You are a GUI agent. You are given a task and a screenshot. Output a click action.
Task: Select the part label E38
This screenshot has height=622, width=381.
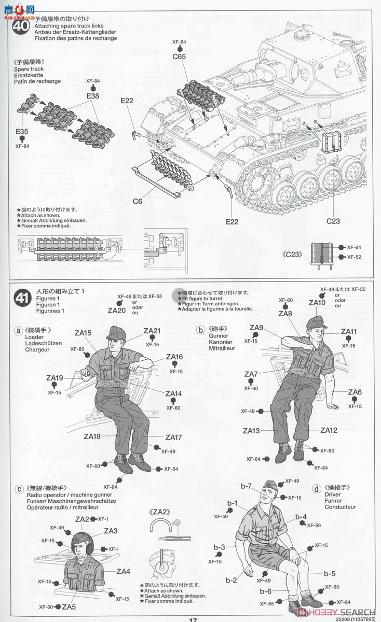point(93,95)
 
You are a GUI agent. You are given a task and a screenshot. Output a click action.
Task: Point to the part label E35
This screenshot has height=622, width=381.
point(22,132)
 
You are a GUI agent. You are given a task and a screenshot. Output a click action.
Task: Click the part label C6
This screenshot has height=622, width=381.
point(138,201)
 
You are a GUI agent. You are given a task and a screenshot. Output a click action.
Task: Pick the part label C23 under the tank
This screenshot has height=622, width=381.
point(333,221)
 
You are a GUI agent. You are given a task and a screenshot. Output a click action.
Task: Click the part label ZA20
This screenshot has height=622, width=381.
point(117,311)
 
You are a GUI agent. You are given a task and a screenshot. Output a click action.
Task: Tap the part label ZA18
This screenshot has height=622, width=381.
point(92,436)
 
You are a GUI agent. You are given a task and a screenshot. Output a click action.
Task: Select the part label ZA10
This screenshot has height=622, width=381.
point(317,303)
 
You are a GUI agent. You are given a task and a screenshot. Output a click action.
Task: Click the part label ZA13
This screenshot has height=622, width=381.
point(251,431)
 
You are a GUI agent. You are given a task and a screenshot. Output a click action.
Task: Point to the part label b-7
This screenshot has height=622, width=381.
point(246,486)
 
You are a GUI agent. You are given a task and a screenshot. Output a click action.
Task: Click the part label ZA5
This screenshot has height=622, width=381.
point(69,607)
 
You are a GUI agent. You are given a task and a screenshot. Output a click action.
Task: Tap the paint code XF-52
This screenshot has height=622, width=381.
point(353,257)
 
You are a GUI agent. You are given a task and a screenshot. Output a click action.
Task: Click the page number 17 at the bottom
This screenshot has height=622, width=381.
point(193,619)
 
